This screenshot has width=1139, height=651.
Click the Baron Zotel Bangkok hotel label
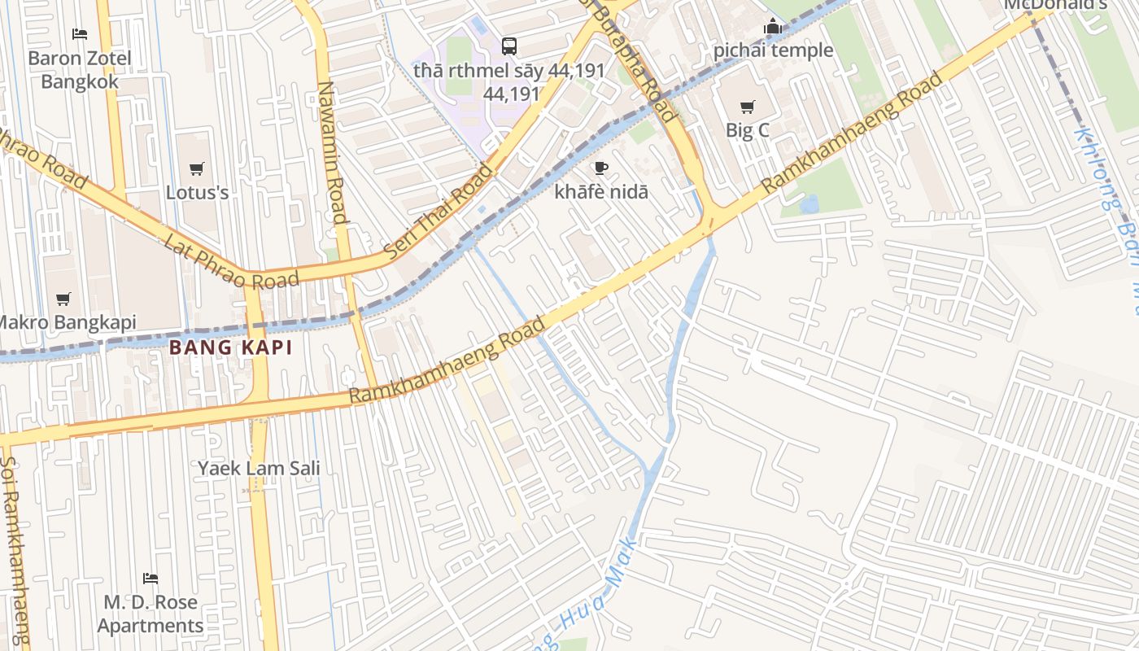coord(80,70)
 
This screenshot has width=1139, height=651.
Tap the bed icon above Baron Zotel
coord(80,34)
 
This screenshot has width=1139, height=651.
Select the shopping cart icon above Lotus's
coord(197,168)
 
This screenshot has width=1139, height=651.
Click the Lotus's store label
coord(197,193)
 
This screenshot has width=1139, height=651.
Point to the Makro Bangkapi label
coord(67,322)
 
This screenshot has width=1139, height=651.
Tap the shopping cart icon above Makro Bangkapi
coord(63,299)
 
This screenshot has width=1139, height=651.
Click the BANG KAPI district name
coord(230,348)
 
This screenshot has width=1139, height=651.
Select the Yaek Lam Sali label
coord(259,468)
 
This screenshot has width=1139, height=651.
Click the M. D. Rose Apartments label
coord(151,614)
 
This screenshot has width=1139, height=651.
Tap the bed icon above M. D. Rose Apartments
coord(151,579)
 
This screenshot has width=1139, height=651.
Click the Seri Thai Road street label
coord(439,212)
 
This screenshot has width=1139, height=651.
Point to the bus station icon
coord(509,46)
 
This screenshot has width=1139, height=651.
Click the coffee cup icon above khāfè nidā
coord(601,168)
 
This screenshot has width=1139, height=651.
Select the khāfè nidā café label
coord(601,192)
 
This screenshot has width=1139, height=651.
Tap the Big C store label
coord(747,130)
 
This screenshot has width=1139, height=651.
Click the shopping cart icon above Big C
coord(747,107)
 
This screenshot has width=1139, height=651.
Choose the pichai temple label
coord(773,50)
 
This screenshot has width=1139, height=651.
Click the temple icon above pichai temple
coord(772,27)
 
